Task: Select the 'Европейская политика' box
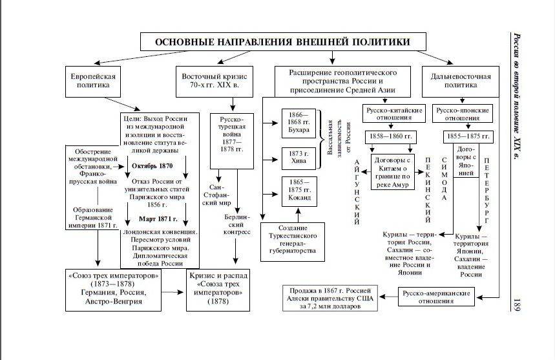pyautogui.click(x=93, y=81)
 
